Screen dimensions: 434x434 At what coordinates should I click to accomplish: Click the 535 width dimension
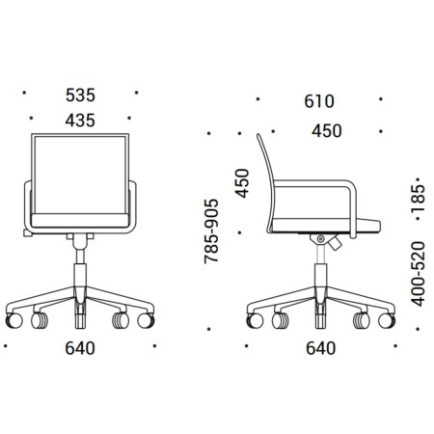point(80,95)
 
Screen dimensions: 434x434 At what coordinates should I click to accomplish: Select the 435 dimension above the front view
point(80,121)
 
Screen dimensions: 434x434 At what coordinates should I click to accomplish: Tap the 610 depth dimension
point(319,101)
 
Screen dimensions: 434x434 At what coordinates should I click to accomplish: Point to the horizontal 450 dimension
point(327,131)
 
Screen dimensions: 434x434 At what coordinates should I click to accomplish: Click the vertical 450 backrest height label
point(242,183)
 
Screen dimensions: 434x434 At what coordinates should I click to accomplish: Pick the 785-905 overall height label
point(211,231)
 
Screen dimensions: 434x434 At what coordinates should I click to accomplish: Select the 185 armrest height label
point(418,198)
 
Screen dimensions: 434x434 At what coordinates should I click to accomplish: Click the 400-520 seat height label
point(418,274)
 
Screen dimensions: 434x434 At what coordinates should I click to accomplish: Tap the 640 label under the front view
point(80,348)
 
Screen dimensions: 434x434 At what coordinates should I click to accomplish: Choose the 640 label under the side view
point(321,348)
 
